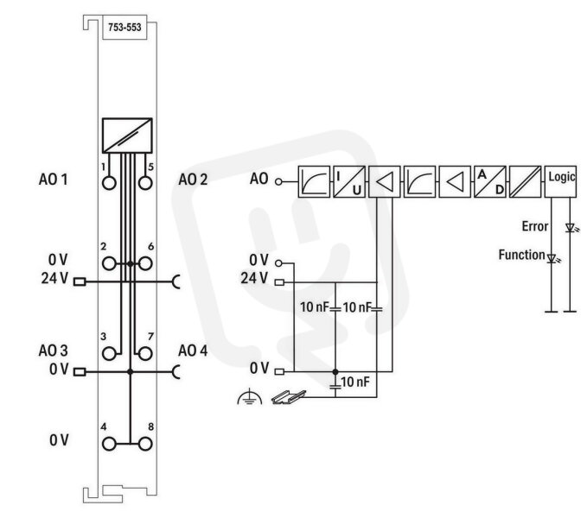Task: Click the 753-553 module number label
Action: click(x=124, y=28)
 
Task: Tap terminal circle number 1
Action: click(x=109, y=183)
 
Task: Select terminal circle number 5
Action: click(x=145, y=183)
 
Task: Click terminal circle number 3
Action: click(x=109, y=354)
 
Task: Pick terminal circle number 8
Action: click(x=145, y=444)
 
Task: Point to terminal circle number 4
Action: click(x=109, y=444)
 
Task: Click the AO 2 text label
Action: click(x=193, y=180)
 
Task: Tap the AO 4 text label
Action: click(x=193, y=351)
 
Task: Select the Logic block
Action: click(x=560, y=181)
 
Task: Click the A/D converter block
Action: click(x=490, y=181)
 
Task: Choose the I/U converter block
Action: click(x=349, y=181)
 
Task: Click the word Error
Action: click(x=534, y=226)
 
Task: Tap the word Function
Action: click(x=521, y=255)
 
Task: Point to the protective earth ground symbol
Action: click(x=249, y=396)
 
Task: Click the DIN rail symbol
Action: click(x=289, y=397)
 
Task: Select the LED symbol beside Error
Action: click(x=571, y=228)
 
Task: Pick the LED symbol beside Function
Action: click(x=553, y=258)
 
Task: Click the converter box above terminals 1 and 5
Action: click(x=127, y=136)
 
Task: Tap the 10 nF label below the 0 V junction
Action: click(x=355, y=382)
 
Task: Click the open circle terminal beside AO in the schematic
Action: click(x=278, y=181)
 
